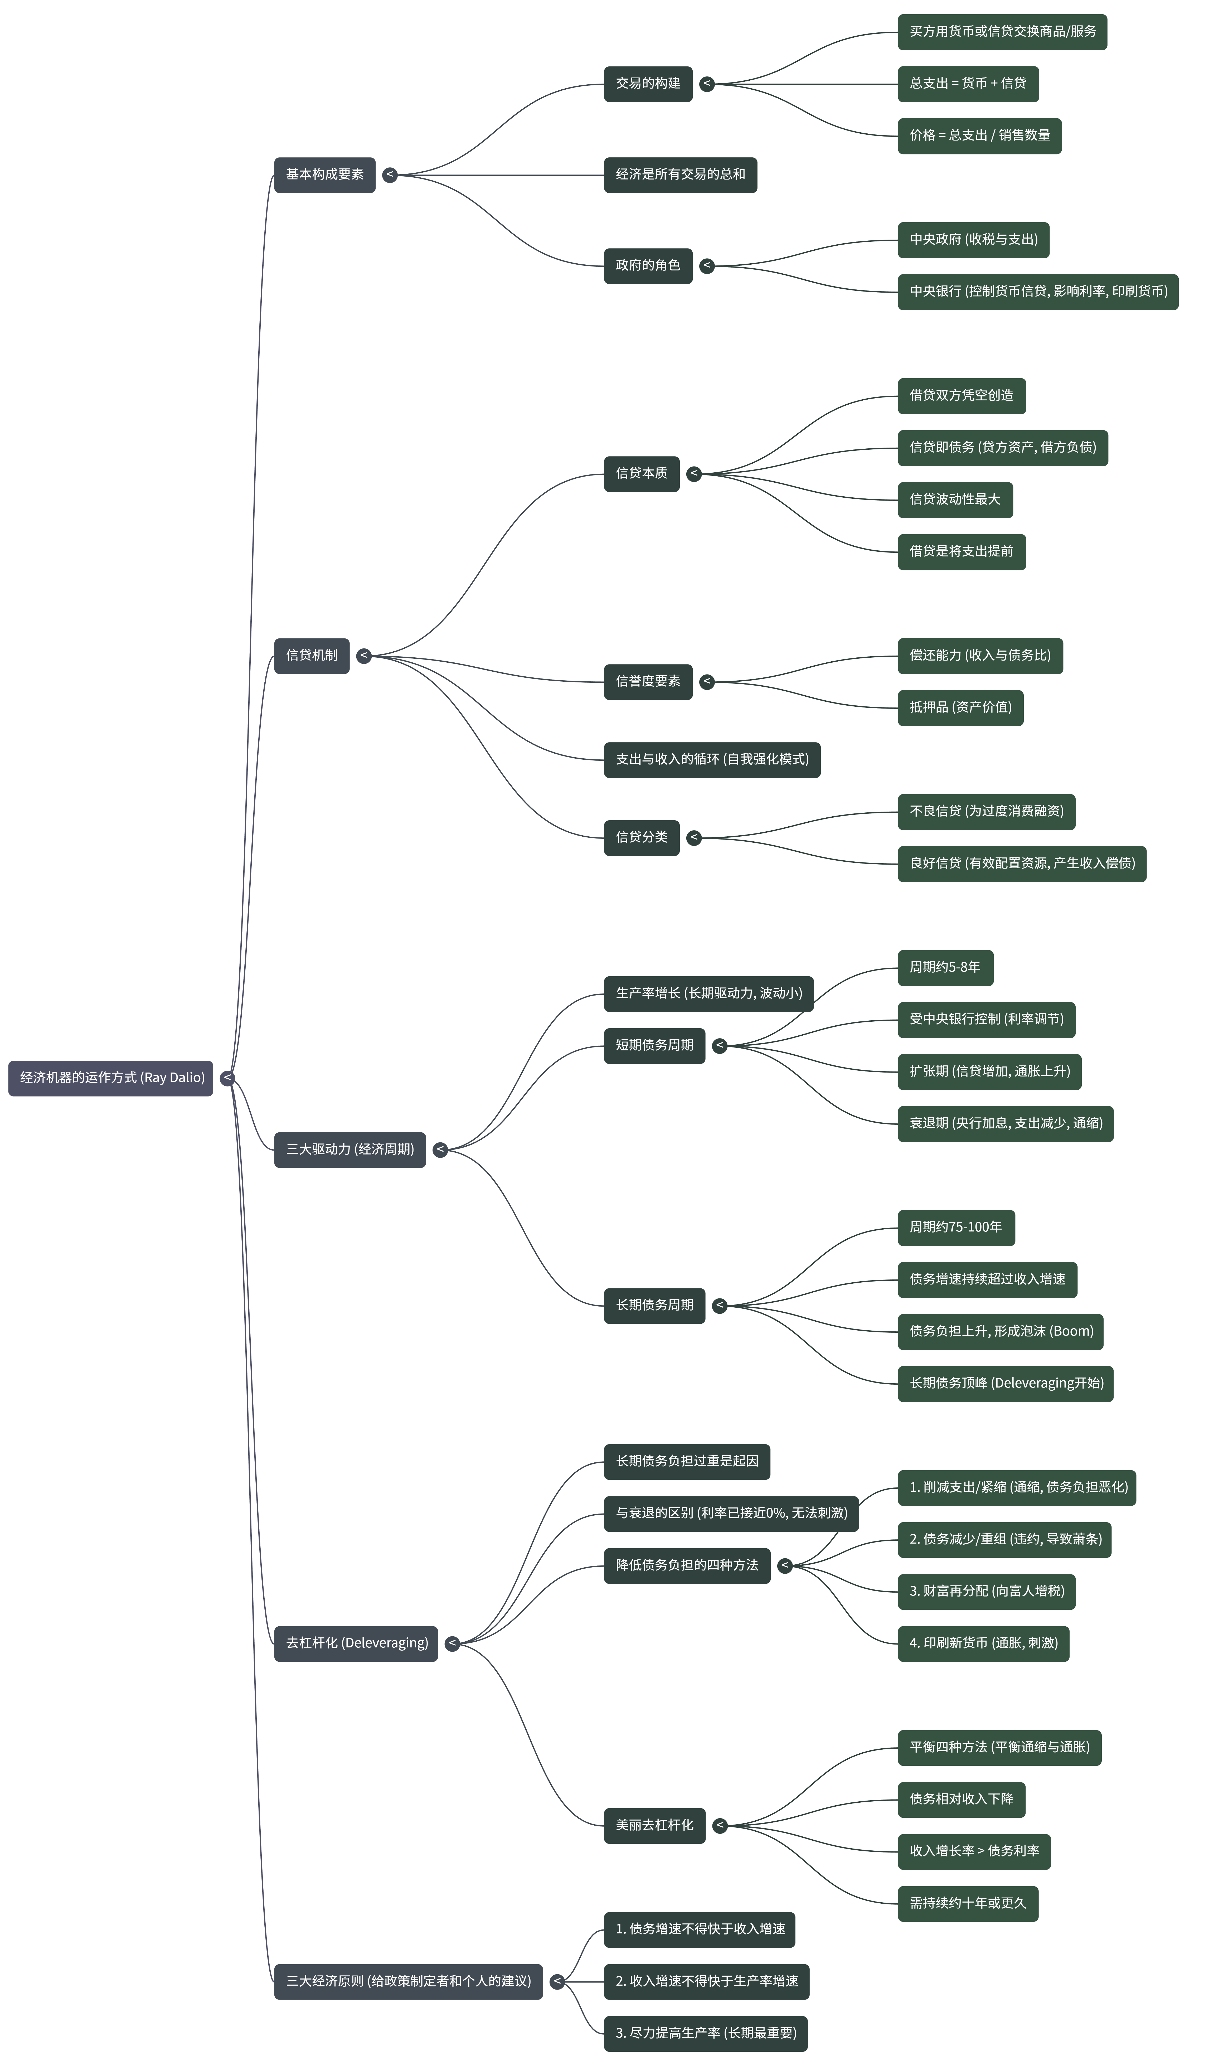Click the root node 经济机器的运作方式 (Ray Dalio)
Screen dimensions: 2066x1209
click(111, 1077)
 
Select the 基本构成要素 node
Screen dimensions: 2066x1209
click(324, 174)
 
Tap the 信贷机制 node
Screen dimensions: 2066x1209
click(312, 655)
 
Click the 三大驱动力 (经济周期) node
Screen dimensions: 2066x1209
click(350, 1150)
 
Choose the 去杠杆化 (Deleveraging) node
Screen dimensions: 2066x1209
click(357, 1643)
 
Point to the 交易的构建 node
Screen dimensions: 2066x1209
click(648, 84)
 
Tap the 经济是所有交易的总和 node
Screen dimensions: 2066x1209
click(680, 174)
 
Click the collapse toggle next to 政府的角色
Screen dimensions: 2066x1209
click(707, 266)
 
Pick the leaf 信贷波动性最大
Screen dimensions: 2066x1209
click(955, 499)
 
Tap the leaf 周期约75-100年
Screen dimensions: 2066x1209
click(956, 1227)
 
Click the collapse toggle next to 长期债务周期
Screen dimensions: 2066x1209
click(720, 1305)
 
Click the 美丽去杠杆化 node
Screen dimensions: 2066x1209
click(654, 1825)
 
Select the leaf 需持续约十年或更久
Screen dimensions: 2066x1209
click(967, 1904)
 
